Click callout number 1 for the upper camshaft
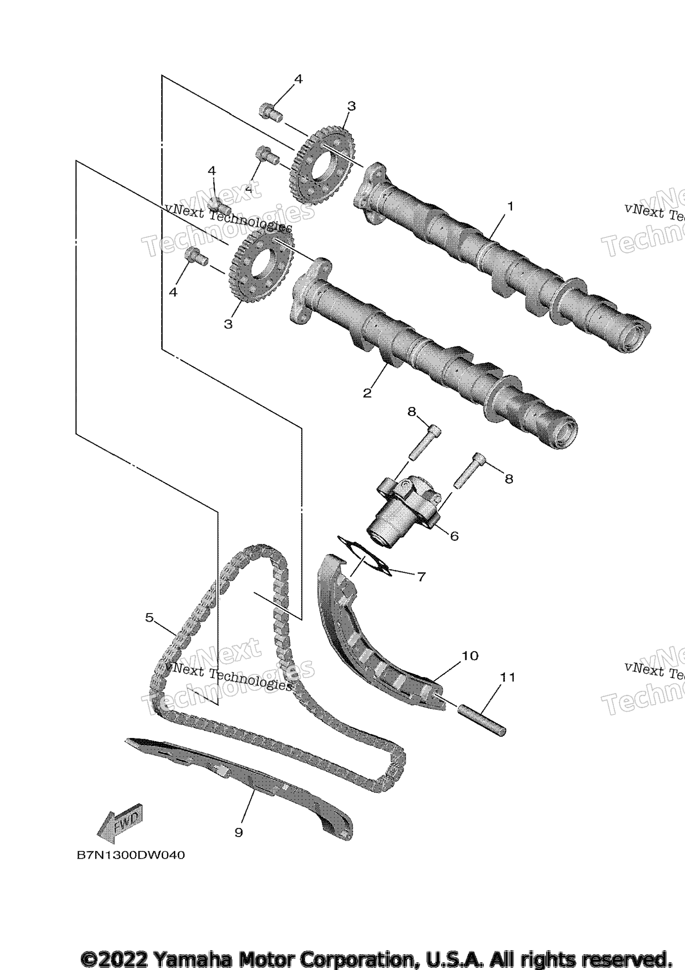[510, 206]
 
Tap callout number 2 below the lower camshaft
[367, 393]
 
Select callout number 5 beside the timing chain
[149, 617]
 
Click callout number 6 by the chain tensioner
[454, 536]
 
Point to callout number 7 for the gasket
[421, 577]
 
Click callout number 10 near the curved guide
[470, 656]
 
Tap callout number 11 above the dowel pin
[508, 677]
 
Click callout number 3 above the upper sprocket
[351, 106]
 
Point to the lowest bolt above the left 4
[196, 256]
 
